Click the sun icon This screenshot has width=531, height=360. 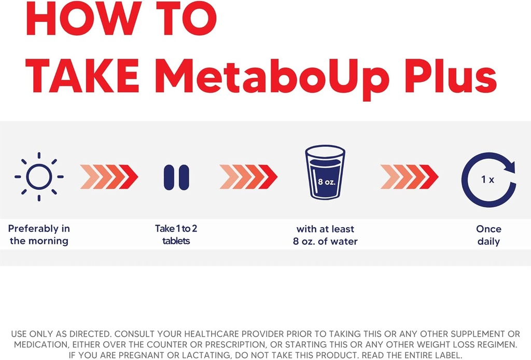click(39, 177)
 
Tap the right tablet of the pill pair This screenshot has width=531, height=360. click(184, 177)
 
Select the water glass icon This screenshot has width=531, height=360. click(325, 173)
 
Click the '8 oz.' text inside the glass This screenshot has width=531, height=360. click(325, 182)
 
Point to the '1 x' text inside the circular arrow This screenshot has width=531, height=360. click(487, 179)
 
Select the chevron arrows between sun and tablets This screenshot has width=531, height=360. click(109, 177)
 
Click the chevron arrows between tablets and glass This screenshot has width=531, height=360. click(248, 177)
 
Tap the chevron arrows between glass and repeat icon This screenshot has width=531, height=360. click(409, 177)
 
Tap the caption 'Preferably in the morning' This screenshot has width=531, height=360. click(39, 234)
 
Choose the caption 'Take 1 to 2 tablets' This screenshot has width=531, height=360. click(176, 234)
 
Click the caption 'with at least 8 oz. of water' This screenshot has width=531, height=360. click(325, 235)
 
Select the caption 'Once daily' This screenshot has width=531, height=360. click(488, 235)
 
